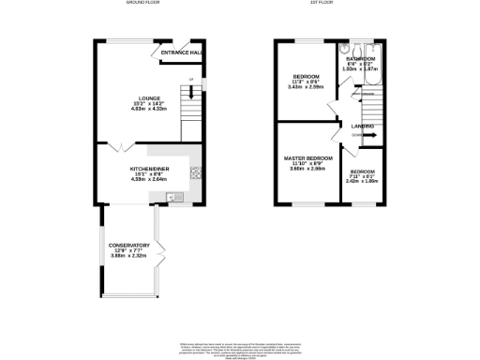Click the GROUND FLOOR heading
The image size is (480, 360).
143,4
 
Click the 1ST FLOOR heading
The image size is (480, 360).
323,4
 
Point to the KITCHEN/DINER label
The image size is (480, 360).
149,168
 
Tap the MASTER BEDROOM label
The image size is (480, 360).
309,157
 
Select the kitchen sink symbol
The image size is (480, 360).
173,196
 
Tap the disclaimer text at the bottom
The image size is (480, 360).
240,349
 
